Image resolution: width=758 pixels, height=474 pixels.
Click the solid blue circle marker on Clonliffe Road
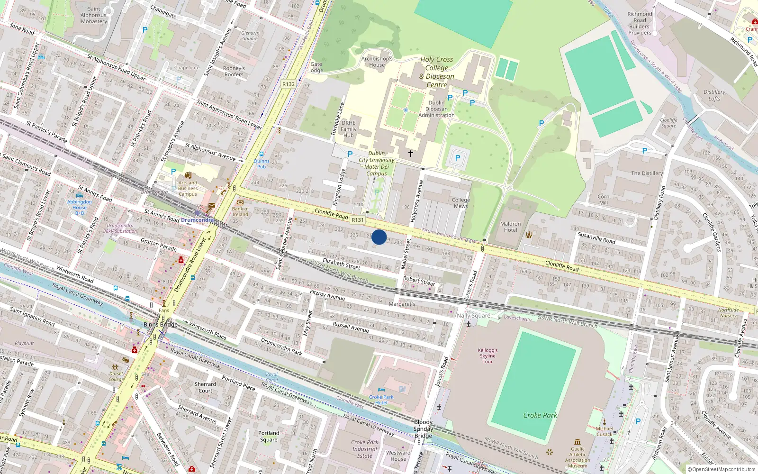coord(379,237)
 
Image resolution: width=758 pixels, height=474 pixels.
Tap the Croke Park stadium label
coord(540,416)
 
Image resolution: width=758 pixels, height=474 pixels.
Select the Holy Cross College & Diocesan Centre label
coord(436,72)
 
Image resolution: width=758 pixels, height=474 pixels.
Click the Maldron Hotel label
coord(510,227)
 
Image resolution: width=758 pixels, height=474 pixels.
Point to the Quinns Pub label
coord(262,164)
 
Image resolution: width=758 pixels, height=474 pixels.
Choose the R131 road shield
coord(358,220)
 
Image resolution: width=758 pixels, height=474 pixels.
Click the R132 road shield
coord(288,84)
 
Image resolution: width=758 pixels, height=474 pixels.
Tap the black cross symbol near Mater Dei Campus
coord(411,154)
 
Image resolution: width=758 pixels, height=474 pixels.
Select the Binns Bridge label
coord(161,325)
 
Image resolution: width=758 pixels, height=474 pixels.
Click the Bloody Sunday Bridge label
coord(423,428)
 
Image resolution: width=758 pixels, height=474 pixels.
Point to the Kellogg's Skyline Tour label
coord(487,355)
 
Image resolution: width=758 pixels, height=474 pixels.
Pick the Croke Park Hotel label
coord(381,400)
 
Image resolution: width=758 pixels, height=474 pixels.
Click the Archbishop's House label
coord(377,62)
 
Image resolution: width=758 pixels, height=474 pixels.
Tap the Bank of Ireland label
coord(240,211)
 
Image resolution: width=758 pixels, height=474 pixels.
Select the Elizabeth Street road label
coord(341,264)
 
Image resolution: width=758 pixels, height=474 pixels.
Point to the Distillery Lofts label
coord(714,95)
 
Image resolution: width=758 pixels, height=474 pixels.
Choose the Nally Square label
coord(473,316)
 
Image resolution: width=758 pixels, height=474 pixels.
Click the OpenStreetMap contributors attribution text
coord(722,470)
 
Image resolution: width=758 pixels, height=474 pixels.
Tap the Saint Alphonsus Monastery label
coord(94,15)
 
